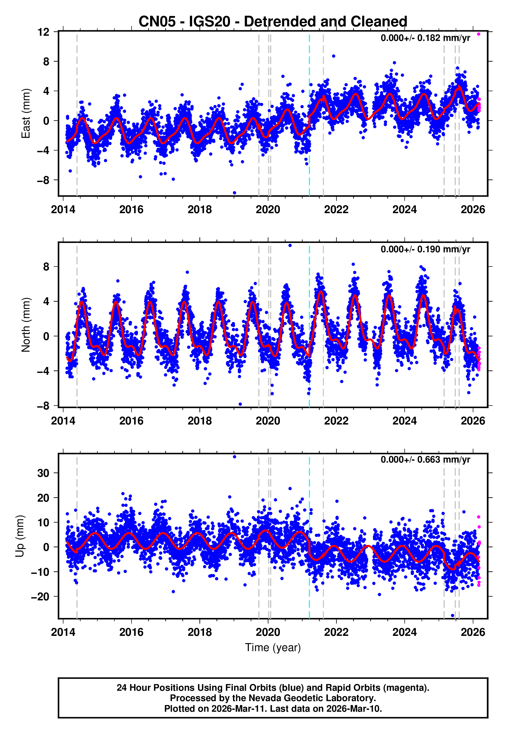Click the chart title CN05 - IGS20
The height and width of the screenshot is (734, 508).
(273, 22)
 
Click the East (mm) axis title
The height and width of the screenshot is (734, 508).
(26, 114)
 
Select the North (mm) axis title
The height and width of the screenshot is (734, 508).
(26, 325)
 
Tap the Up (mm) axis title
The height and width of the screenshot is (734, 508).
(20, 536)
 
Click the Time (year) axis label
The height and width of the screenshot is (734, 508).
(273, 647)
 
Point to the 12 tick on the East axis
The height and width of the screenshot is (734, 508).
(43, 32)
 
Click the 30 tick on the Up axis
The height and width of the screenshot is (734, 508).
(43, 473)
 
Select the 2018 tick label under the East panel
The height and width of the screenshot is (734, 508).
(200, 210)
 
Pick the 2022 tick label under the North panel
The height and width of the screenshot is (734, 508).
(336, 421)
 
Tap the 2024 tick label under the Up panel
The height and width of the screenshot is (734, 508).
(404, 632)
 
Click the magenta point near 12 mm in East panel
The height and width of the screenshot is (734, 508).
(478, 34)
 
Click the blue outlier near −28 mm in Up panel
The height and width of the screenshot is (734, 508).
(453, 615)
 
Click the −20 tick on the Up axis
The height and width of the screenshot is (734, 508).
(40, 596)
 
